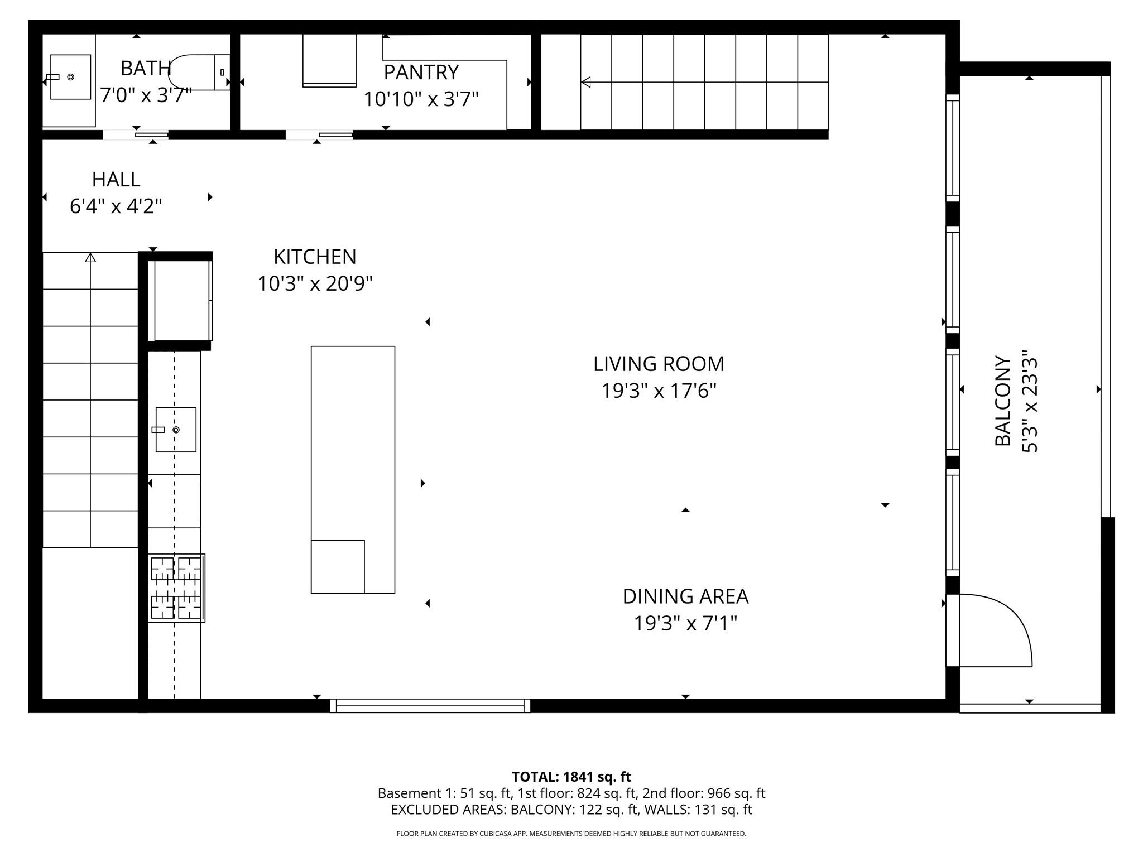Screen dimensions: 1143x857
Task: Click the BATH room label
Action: coord(146,68)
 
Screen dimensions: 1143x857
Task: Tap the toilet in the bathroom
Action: coord(199,72)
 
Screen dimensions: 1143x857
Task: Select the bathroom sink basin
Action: coord(70,77)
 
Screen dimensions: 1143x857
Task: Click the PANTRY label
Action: coord(421,72)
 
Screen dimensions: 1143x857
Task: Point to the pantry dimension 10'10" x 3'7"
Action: coord(421,99)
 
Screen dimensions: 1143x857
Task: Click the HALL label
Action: coord(116,179)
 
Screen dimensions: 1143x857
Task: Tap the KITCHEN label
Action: coord(315,257)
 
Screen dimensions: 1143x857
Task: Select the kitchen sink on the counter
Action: coord(176,430)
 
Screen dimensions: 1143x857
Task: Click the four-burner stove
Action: coord(176,588)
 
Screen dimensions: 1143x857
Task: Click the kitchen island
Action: coord(353,470)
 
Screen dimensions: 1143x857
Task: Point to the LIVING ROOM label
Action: coord(659,364)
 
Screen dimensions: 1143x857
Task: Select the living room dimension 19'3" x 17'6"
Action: coord(659,391)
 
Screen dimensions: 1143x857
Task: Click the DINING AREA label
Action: coord(685,596)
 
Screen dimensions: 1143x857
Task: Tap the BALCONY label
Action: coord(1003,401)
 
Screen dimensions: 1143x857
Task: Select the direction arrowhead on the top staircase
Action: coord(585,82)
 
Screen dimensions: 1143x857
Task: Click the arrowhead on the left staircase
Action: coord(90,257)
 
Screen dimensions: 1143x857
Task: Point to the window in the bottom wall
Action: coord(430,706)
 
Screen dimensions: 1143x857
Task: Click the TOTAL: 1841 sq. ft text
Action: coord(571,777)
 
